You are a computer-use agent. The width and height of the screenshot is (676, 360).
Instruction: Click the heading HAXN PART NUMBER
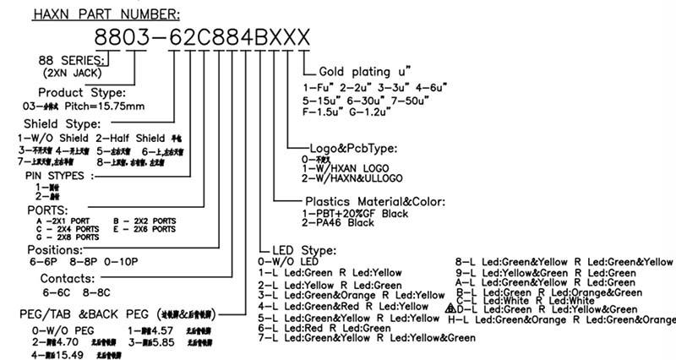point(106,14)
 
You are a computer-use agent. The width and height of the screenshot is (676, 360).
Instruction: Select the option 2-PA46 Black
point(338,223)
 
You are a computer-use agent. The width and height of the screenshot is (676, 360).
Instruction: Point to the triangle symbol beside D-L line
point(450,309)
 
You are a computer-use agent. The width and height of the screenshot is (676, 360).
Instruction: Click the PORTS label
point(47,209)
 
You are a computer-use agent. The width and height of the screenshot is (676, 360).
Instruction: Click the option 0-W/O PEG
point(62,330)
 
